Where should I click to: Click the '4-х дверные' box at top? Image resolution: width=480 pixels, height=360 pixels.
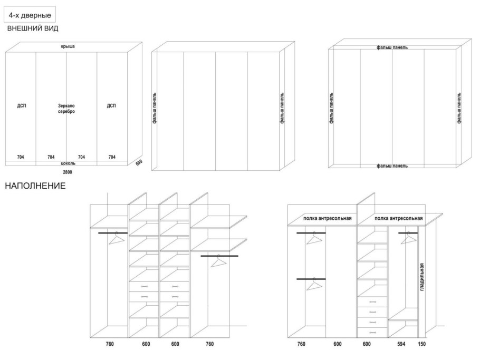[x=30, y=15]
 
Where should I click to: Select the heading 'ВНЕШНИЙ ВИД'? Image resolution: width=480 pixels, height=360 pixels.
[x=33, y=28]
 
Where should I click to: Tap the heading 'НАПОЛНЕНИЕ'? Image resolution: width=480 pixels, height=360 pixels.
[x=35, y=186]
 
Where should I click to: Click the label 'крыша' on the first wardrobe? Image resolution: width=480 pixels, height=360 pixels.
[x=68, y=46]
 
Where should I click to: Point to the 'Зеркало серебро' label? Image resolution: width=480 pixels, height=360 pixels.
[x=66, y=109]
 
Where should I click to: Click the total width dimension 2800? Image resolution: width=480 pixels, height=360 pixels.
[x=68, y=172]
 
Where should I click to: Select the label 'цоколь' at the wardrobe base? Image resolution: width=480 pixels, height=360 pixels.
[x=68, y=163]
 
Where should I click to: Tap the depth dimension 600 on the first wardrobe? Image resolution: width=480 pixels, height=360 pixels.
[x=139, y=163]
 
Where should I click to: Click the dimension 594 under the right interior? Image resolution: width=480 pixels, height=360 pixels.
[x=401, y=344]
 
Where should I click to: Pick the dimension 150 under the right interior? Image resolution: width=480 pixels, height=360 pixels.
[x=421, y=344]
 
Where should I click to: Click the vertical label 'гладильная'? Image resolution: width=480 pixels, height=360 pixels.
[x=422, y=277]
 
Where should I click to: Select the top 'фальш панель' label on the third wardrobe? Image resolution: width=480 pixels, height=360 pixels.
[x=392, y=47]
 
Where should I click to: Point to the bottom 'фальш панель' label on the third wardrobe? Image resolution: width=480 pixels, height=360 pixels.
[x=392, y=166]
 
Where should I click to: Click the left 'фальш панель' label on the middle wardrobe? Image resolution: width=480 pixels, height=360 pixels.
[x=155, y=108]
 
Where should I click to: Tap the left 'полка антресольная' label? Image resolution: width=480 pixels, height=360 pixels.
[x=327, y=218]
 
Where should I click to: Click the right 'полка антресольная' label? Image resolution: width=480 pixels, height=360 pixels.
[x=399, y=218]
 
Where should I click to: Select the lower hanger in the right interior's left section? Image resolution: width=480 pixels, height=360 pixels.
[x=314, y=284]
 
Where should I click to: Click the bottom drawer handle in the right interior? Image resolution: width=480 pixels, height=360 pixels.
[x=372, y=333]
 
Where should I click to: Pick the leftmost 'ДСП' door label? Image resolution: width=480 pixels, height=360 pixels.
[x=22, y=106]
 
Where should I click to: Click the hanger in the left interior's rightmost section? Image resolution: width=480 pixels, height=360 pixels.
[x=218, y=261]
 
